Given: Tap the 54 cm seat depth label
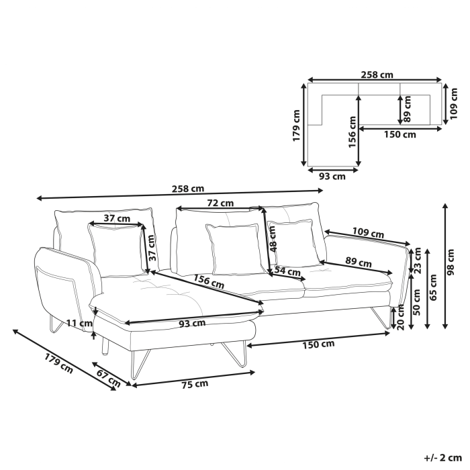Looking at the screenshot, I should tap(287, 271).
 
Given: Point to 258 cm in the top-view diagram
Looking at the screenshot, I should tap(377, 75).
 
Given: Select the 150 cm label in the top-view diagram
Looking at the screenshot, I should tap(399, 134).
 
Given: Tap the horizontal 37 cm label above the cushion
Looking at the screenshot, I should tap(117, 218).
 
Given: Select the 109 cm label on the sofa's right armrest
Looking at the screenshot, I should tap(367, 234).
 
